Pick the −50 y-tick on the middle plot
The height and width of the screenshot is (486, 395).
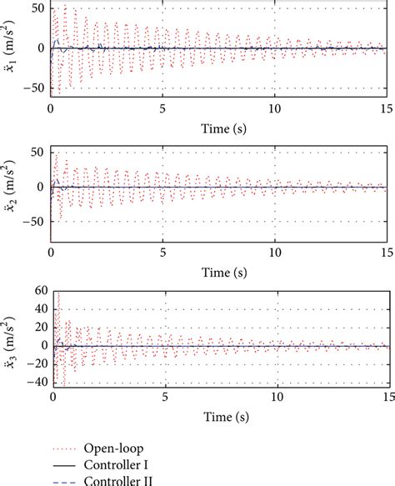click(x=33, y=223)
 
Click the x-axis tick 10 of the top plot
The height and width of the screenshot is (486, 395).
click(x=275, y=108)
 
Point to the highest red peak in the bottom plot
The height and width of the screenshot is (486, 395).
click(x=57, y=293)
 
